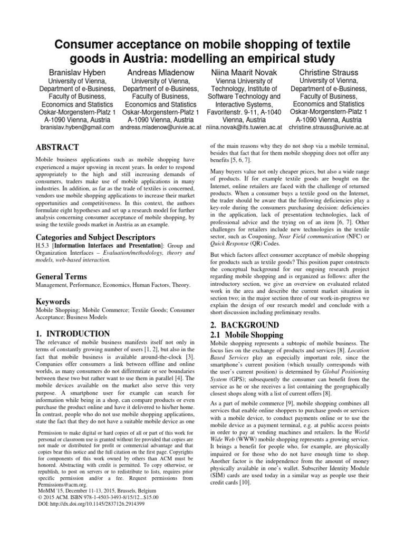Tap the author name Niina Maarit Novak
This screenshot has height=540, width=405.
(x=240, y=72)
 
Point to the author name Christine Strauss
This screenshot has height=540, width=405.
(x=329, y=72)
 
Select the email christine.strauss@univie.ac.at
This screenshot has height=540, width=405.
(x=329, y=127)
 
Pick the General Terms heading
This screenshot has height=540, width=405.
(x=61, y=276)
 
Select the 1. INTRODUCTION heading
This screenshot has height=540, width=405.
(x=73, y=333)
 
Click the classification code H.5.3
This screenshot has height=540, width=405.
(x=44, y=246)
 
